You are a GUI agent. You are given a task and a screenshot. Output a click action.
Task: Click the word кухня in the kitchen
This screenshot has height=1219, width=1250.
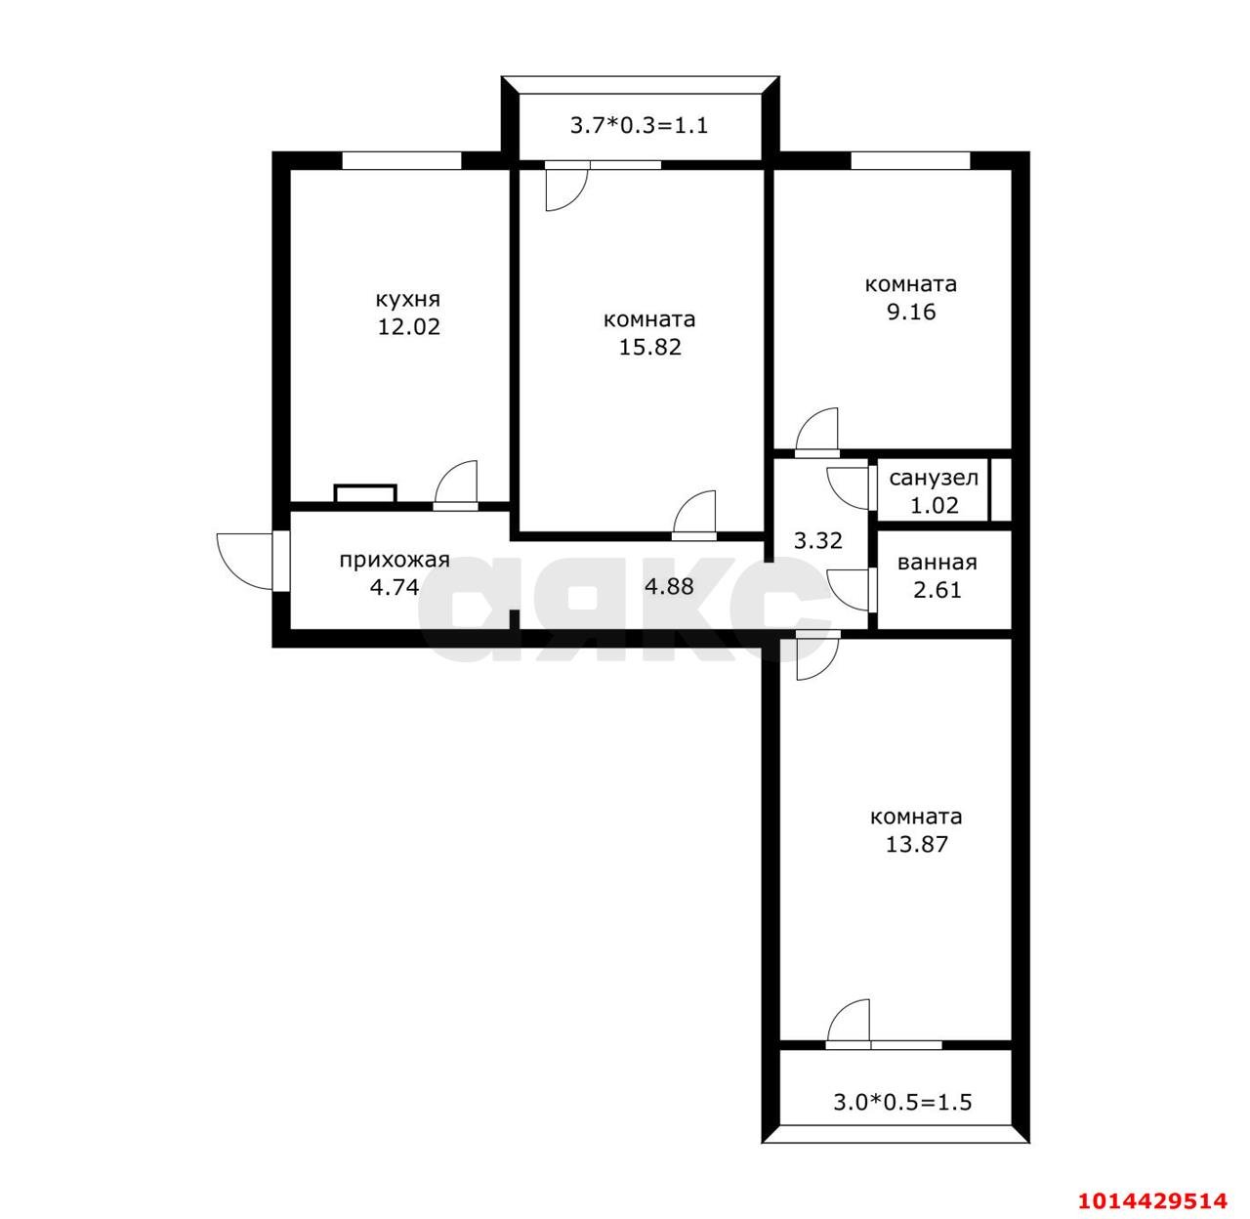[408, 300]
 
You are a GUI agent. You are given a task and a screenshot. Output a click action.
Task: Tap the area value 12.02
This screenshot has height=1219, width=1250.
[408, 327]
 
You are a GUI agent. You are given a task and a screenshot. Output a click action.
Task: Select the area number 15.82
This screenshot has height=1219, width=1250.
[649, 347]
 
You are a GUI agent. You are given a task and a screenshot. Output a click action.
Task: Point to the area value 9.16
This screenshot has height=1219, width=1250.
[911, 312]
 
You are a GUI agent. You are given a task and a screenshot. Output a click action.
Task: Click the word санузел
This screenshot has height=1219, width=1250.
[934, 478]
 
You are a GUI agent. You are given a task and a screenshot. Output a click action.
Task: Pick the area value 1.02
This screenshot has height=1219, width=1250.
[935, 505]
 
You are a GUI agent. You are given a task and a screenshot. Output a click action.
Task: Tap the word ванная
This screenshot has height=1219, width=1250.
[937, 563]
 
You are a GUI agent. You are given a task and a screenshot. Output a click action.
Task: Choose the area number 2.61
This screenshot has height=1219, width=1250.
[937, 589]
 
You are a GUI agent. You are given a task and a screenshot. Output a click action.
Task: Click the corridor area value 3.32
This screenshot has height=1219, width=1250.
[817, 540]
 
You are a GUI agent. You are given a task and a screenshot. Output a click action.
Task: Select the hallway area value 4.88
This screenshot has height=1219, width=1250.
[669, 586]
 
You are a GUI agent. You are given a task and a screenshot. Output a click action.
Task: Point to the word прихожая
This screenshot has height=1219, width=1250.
[395, 561]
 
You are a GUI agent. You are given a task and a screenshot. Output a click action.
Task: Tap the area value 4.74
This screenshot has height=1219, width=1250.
[395, 587]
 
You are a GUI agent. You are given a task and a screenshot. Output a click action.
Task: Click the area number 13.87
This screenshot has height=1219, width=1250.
[917, 844]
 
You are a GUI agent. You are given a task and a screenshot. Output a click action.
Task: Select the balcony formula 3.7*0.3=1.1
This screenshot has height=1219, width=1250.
[639, 125]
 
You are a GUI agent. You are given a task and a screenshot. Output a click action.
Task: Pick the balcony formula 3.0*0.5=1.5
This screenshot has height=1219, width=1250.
[902, 1102]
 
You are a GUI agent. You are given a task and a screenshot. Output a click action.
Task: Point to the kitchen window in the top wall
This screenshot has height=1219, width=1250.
[401, 160]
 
